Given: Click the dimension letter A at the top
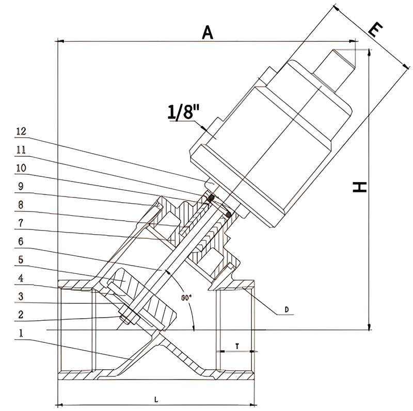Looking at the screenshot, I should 207,32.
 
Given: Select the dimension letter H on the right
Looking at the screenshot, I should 361,187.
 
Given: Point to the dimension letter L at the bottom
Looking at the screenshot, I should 155,399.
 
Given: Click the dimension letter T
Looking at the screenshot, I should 236,346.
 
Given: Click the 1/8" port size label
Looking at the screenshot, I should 181,113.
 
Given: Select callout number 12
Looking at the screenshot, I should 21,131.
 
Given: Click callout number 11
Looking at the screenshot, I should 21,150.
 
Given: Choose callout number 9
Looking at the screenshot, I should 21,186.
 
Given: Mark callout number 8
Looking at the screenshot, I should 21,204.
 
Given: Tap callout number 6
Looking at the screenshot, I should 21,241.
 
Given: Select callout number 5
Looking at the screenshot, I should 21,259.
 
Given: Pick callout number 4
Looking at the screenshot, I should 21,277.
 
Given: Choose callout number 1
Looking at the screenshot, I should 21,334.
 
